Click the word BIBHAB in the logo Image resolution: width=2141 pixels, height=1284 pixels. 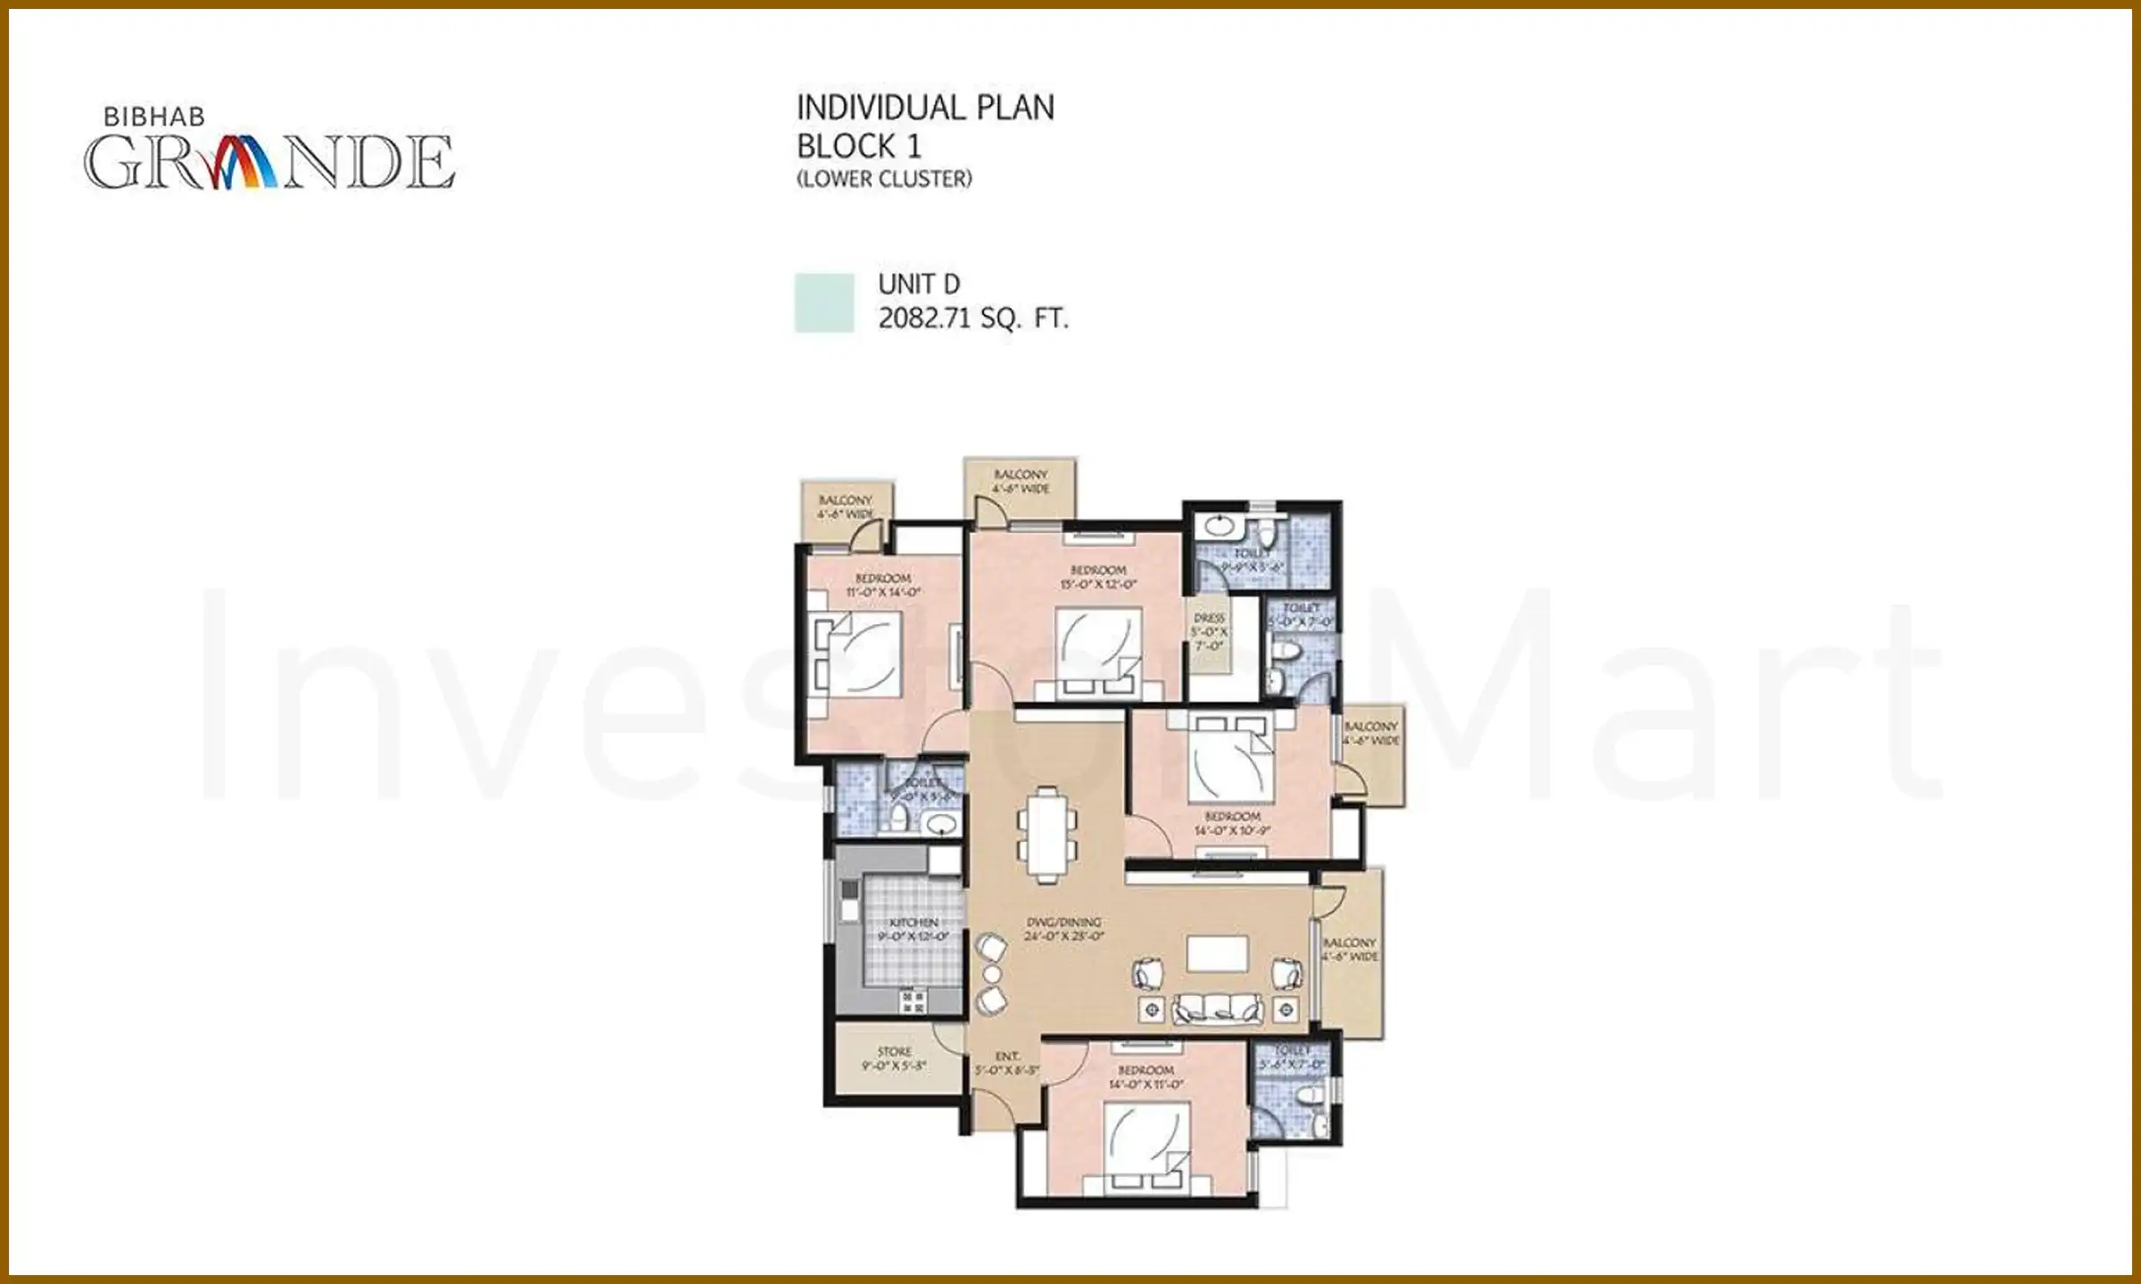tap(153, 117)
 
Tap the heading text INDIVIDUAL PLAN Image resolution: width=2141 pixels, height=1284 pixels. tap(925, 108)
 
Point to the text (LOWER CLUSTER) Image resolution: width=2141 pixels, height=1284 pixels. tap(884, 179)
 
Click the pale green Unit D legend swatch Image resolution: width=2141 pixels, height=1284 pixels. tap(823, 303)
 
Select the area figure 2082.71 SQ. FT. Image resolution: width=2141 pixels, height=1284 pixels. tap(973, 318)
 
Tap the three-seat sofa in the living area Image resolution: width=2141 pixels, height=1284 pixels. tap(1218, 1009)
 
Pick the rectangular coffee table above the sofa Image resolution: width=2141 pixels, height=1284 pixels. tap(1217, 953)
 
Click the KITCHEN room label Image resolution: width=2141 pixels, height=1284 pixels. tap(913, 922)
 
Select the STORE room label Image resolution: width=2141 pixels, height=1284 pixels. tap(894, 1051)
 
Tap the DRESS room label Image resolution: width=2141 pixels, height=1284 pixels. tap(1209, 618)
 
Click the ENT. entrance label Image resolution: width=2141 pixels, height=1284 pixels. tap(1007, 1056)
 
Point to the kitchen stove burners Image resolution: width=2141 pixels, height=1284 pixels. tap(913, 1000)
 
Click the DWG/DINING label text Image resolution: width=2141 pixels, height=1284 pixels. tap(1063, 922)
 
